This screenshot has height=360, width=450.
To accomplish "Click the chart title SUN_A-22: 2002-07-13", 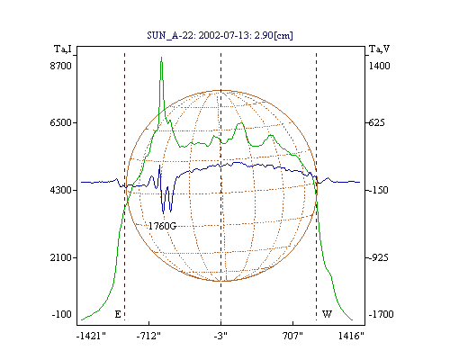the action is click(198, 35).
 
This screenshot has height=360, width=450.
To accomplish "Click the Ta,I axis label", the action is click(63, 49).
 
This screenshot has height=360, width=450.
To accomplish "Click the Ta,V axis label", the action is click(379, 49).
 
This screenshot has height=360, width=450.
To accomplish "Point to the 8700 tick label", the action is click(61, 66).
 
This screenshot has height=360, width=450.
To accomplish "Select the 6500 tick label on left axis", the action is click(61, 122).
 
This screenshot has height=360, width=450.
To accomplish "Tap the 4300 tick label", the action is click(61, 190).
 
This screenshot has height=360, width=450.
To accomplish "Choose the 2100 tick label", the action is click(61, 257).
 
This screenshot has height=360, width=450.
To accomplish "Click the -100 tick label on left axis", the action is click(62, 314).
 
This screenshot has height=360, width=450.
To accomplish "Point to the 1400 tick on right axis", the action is click(380, 66).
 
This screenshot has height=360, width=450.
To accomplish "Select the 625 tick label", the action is click(376, 122).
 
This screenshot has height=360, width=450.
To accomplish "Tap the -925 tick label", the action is click(378, 257).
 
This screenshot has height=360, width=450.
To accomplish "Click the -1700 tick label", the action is click(381, 314).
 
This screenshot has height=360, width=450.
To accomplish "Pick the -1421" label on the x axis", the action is click(91, 336).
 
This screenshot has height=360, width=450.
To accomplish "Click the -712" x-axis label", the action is click(148, 336).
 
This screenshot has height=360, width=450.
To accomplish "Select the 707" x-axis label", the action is click(292, 336).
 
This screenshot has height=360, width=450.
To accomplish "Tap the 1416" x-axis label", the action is click(351, 336).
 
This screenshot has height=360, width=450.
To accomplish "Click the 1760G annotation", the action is click(162, 226).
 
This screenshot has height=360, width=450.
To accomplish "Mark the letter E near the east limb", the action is click(118, 314).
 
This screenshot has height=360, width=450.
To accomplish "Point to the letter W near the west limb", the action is click(327, 314).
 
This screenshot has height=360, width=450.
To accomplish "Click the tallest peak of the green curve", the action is click(161, 58).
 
